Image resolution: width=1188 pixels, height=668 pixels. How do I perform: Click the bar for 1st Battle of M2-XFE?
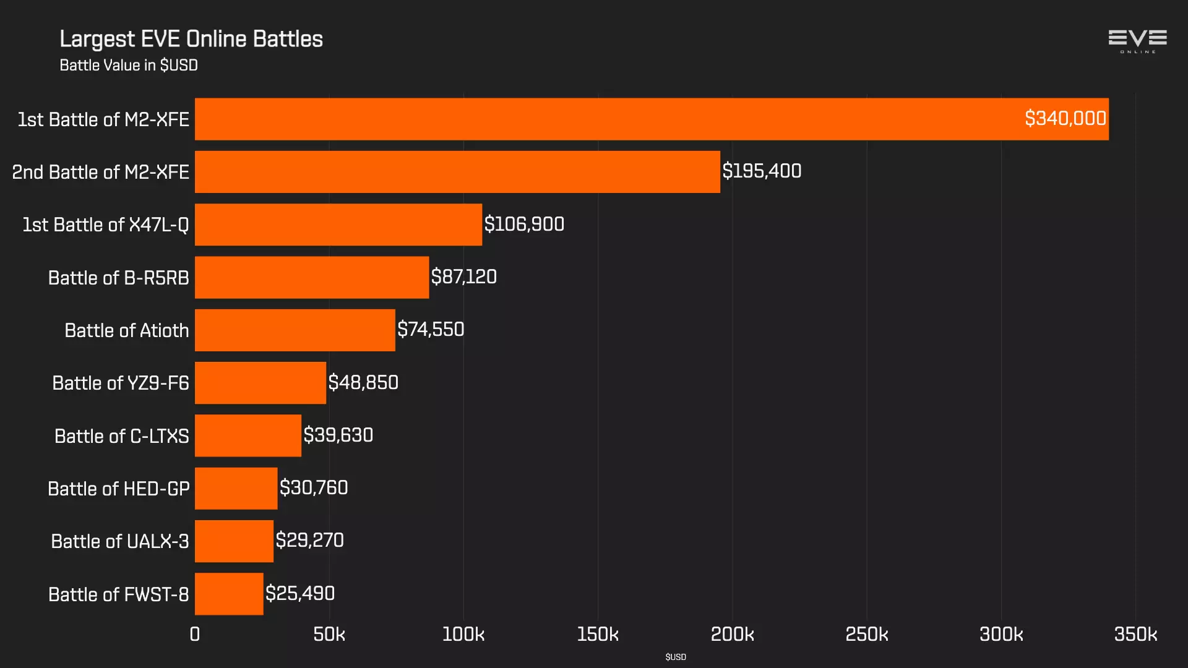652,119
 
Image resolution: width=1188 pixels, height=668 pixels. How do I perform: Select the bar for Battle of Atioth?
295,330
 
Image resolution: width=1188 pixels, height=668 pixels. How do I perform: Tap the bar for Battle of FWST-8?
229,594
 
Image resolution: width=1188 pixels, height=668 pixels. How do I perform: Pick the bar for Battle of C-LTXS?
247,435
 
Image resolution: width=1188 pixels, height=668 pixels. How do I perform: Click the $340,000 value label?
1065,118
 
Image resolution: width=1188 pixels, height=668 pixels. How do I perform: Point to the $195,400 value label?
762,171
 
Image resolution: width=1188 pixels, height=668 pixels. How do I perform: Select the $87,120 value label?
463,276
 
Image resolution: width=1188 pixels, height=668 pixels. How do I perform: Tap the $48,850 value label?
363,382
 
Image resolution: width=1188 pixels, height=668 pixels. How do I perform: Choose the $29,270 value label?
309,541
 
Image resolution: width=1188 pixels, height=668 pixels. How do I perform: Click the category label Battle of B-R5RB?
119,278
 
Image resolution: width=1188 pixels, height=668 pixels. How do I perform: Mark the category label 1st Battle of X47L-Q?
106,225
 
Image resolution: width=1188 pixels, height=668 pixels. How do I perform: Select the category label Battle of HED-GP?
119,489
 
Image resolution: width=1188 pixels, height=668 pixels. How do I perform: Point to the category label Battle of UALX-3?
120,541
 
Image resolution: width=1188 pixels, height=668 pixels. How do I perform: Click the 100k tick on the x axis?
463,634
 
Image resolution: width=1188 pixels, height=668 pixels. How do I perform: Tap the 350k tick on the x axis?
1135,634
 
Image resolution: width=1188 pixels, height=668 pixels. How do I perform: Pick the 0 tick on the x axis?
195,634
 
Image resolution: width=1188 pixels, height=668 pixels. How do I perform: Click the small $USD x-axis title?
676,657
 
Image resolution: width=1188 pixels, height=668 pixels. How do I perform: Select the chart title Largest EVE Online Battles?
191,39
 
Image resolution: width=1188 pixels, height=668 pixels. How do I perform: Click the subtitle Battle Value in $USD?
129,66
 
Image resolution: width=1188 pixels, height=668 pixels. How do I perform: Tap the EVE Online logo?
1137,41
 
